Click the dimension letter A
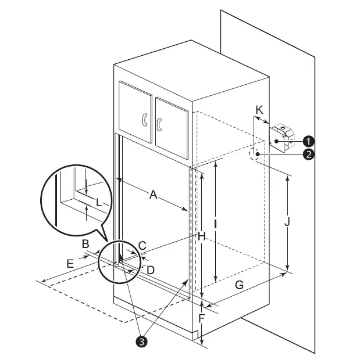point(153,195)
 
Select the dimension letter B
point(85,244)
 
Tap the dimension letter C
point(142,246)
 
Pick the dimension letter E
point(70,264)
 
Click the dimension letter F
point(201,318)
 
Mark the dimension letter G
point(239,285)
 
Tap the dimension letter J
point(287,221)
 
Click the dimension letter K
point(260,110)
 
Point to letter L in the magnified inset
point(99,203)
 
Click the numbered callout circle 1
point(309,141)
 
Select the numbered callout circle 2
point(309,154)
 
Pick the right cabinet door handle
point(158,123)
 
